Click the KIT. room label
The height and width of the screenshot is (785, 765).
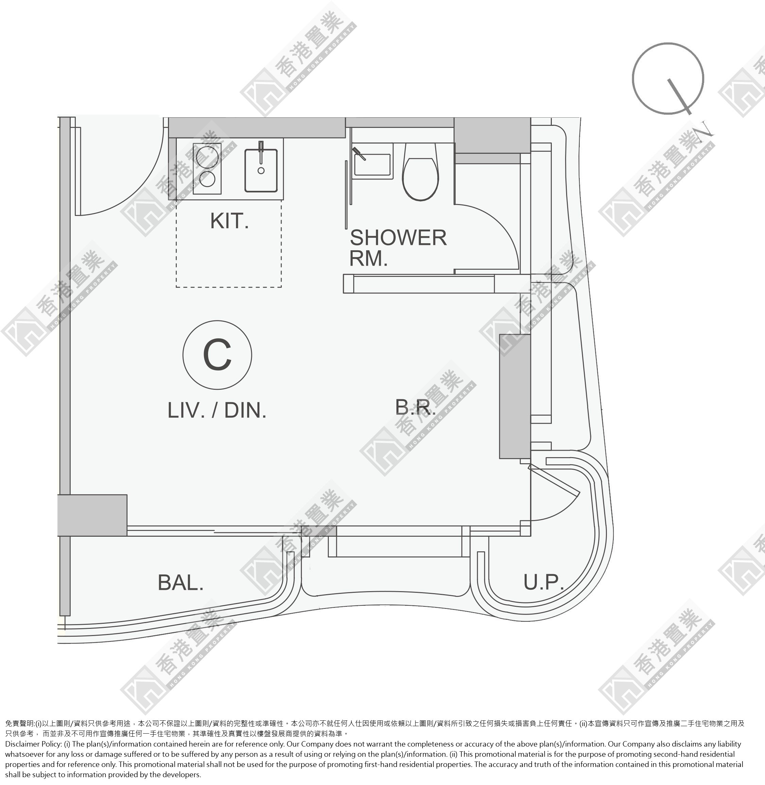coord(230,221)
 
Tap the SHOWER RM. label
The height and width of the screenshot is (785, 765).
coord(398,248)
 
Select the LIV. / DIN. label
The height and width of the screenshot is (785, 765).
coord(217,411)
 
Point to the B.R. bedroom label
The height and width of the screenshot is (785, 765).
coord(415,407)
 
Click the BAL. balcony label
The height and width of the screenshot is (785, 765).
coord(181,582)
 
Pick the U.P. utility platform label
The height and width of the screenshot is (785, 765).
coord(544,582)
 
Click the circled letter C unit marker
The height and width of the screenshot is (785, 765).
coord(217,355)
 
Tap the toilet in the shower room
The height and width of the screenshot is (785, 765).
coord(420,172)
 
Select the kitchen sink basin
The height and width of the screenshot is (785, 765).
coord(261,170)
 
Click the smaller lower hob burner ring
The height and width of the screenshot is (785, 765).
coord(207,179)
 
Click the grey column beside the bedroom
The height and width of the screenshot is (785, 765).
coord(515,396)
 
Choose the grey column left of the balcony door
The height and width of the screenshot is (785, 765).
coord(92,515)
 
